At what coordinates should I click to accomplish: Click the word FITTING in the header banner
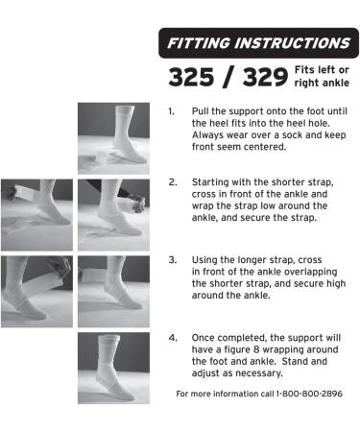coord(199,43)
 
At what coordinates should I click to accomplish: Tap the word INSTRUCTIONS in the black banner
coord(293,43)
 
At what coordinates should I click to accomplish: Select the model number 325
coord(191,77)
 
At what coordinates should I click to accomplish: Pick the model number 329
coord(265,77)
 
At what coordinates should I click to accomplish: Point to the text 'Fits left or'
coord(322,70)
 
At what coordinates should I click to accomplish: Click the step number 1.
coord(171,111)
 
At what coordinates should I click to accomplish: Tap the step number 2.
coord(173,182)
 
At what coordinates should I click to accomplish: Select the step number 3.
coord(173,260)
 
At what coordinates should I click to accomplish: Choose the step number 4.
coord(173,338)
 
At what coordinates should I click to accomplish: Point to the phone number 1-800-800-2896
coord(309,394)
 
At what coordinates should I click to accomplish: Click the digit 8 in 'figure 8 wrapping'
coord(256,349)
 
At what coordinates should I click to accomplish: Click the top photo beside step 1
coord(113,138)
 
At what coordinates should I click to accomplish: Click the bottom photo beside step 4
coord(113,368)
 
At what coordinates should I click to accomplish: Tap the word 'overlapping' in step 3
coord(311,273)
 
